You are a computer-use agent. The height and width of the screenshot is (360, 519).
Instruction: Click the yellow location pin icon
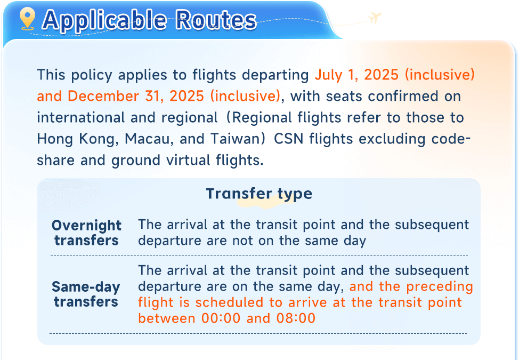(x=27, y=19)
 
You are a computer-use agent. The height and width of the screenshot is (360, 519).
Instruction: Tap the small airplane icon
(x=375, y=17)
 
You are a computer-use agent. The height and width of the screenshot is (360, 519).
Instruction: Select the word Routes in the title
(x=216, y=20)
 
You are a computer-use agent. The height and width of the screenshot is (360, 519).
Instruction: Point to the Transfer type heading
(x=259, y=194)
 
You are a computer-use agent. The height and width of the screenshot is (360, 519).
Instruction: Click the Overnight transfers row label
(x=86, y=233)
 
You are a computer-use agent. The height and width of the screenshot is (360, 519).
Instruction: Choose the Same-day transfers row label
(x=86, y=294)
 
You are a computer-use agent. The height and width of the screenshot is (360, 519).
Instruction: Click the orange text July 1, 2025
(x=356, y=75)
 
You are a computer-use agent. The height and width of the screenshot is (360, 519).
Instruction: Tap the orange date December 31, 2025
(x=136, y=97)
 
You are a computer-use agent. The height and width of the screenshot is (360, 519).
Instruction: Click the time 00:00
(x=221, y=318)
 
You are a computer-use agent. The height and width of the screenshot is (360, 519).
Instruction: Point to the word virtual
(x=188, y=161)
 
